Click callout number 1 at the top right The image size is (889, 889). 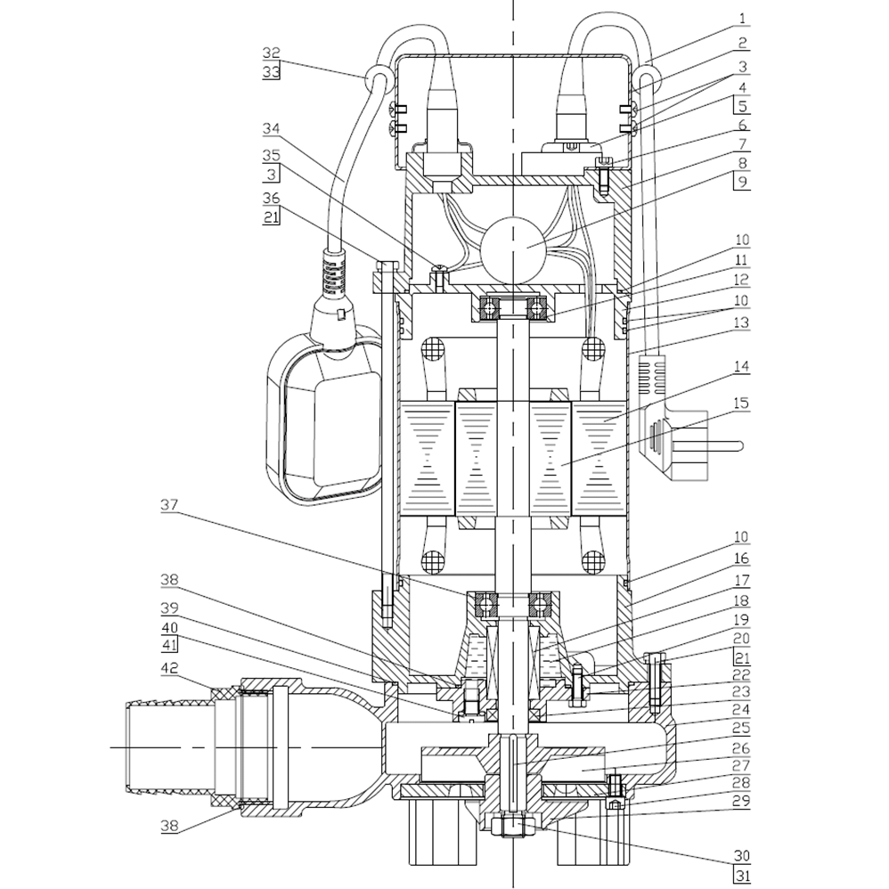point(742,18)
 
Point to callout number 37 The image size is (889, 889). point(169,504)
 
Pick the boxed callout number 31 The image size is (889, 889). point(742,878)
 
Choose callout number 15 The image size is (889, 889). point(742,404)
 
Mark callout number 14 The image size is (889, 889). point(742,365)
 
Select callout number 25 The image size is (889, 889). point(742,728)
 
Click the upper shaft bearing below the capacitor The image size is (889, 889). point(514,308)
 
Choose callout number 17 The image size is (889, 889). point(742,579)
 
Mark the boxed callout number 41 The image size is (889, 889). point(169,646)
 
